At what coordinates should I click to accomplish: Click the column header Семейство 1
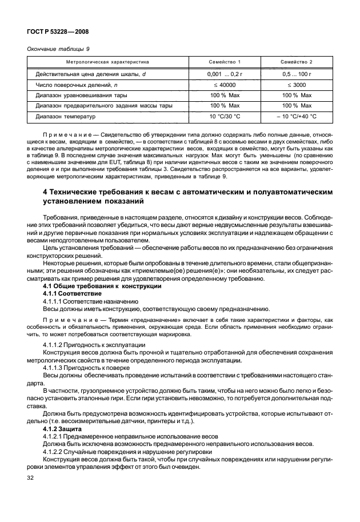tap(224, 61)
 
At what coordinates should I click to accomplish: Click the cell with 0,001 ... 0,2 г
tap(224, 74)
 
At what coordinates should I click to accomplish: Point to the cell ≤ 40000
tap(224, 85)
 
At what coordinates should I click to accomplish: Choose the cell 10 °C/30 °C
tap(224, 116)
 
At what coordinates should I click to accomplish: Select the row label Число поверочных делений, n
tap(80, 85)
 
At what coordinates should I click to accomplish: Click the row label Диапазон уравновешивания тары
tap(81, 95)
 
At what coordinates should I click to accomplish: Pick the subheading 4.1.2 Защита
tap(63, 429)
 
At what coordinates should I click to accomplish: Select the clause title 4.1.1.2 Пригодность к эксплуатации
tap(89, 346)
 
